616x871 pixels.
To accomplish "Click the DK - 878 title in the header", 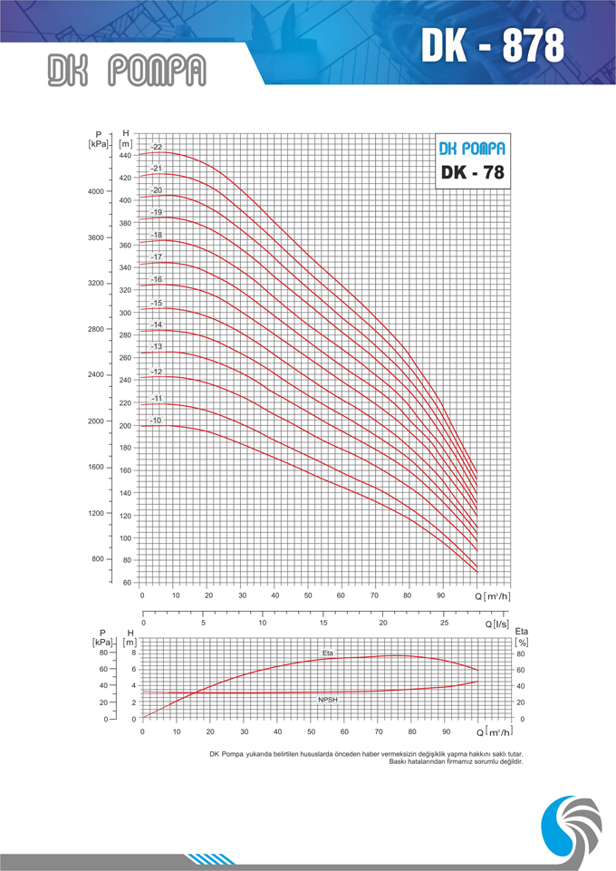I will click(492, 44).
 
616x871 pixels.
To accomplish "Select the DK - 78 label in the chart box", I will click(471, 172).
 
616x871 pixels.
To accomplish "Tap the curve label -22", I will click(157, 147).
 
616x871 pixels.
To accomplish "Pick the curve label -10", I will click(157, 421).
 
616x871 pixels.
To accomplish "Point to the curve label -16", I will click(157, 279).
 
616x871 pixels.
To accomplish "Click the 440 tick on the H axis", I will click(125, 156).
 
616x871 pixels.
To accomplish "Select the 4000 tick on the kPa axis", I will click(97, 192).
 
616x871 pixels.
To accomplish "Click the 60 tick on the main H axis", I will click(127, 583).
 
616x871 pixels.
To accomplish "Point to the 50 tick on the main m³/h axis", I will click(308, 595).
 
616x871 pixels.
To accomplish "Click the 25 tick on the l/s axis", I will click(443, 624).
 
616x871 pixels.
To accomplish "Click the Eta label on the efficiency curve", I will click(327, 653).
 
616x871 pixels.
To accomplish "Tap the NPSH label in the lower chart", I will click(327, 701).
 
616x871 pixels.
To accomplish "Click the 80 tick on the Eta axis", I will click(521, 653).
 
